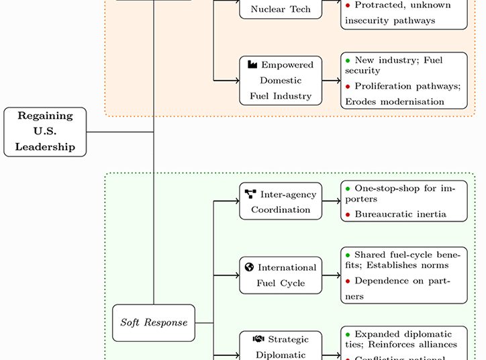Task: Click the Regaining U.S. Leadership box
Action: coord(45,132)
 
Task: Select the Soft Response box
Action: coord(154,322)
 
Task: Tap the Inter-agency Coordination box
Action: coord(281,201)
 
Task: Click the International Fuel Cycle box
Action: coord(281,275)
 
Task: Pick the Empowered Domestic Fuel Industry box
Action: coord(281,81)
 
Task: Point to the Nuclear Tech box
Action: coord(281,9)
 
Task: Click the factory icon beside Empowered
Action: coord(252,64)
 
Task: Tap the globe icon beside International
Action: coord(250,267)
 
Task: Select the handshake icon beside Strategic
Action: coord(258,339)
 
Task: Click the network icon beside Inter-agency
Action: coord(250,194)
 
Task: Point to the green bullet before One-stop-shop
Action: coord(348,189)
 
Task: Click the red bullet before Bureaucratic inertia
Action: coord(348,215)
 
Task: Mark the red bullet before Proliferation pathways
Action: coord(348,86)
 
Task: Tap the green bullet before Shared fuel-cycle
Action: coord(348,255)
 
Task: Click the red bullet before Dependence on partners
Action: coord(348,281)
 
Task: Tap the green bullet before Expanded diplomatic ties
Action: coord(348,334)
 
